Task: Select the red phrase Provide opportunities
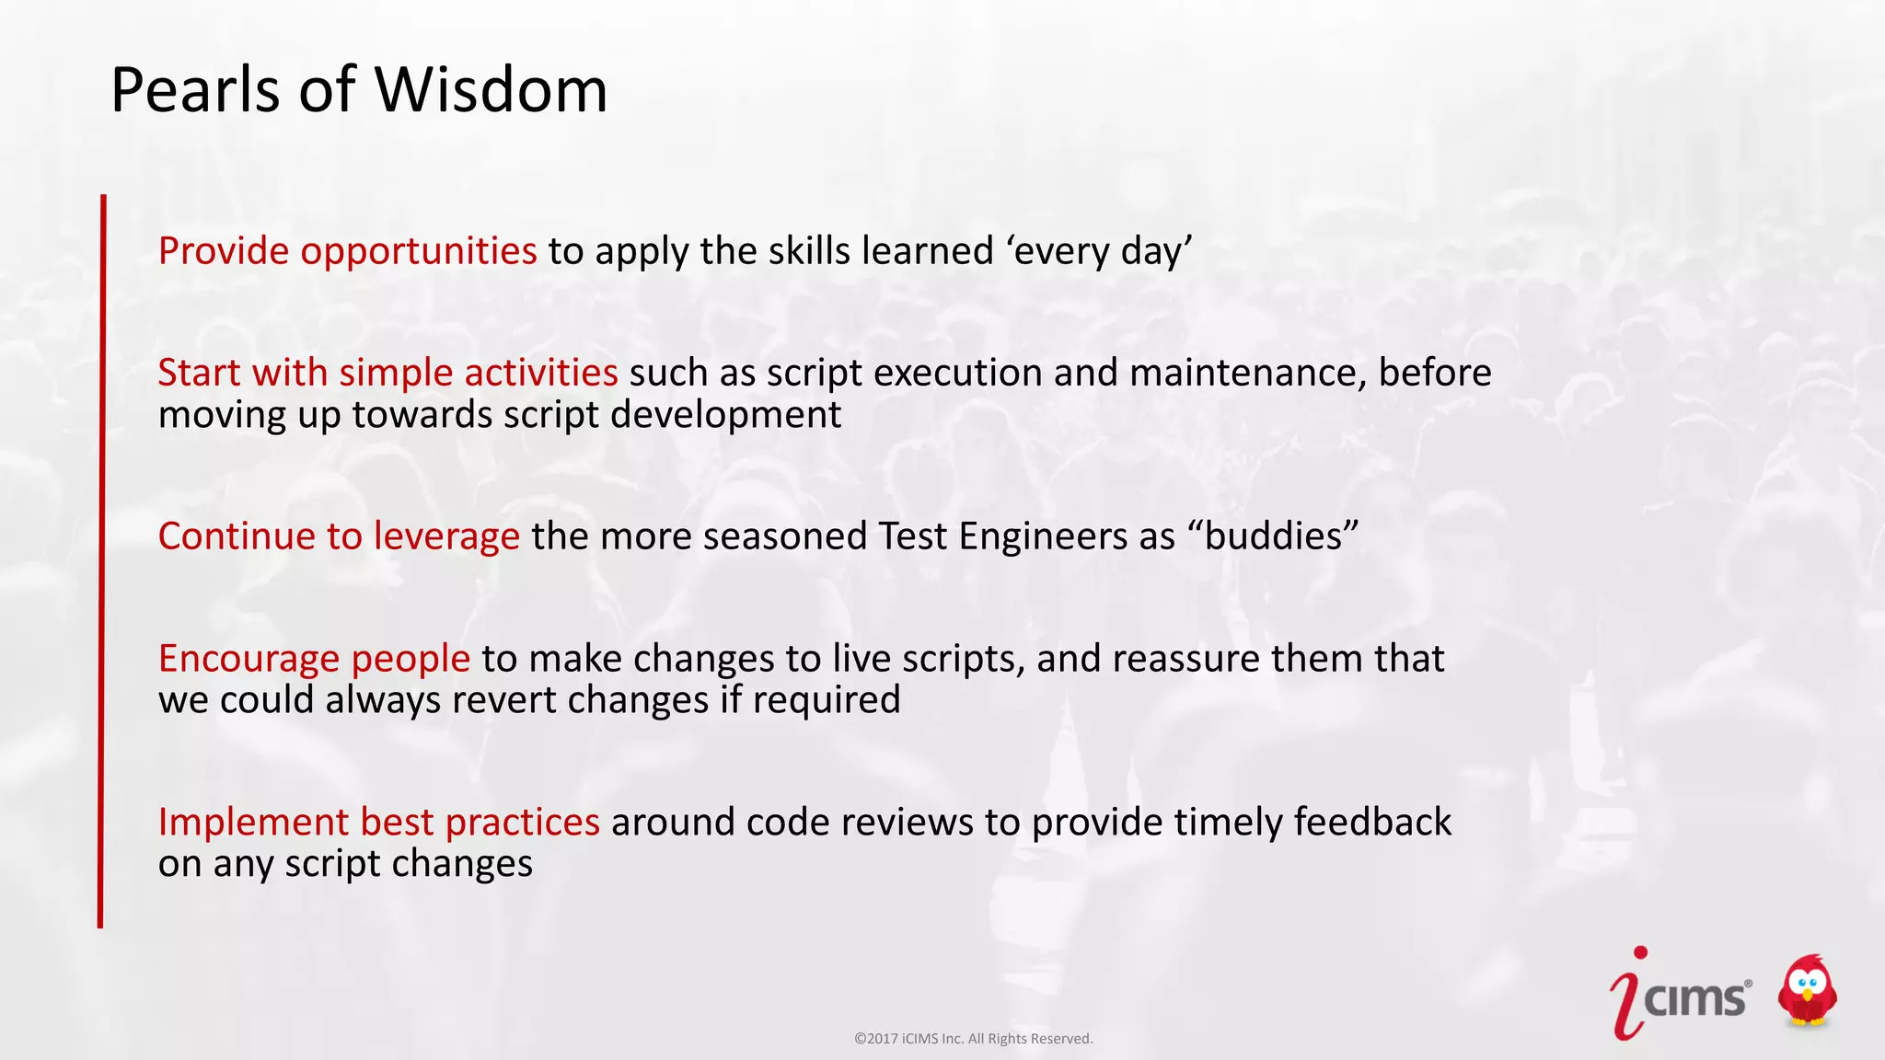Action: click(347, 251)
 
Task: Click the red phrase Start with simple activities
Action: click(387, 373)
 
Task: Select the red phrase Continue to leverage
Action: click(339, 536)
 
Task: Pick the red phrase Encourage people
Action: click(314, 659)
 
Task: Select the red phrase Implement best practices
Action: click(378, 822)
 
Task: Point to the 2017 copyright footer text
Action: click(973, 1039)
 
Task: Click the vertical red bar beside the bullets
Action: click(101, 561)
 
